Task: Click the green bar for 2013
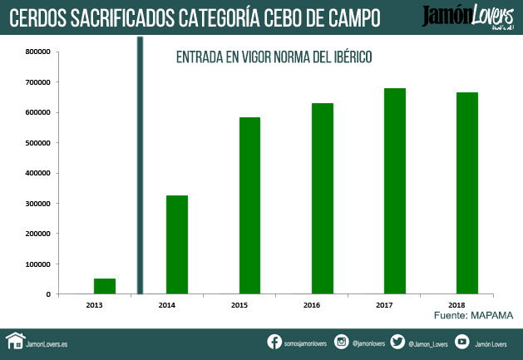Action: (x=104, y=286)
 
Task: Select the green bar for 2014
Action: (x=177, y=244)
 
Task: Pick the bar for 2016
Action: (x=323, y=199)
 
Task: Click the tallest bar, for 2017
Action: (x=395, y=191)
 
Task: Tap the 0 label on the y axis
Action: (x=48, y=294)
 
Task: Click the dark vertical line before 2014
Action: (x=140, y=166)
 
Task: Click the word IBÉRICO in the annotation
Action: (x=345, y=57)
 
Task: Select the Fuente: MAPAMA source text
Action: (x=473, y=316)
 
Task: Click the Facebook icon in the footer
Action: (x=274, y=342)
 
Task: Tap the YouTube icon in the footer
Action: (x=461, y=342)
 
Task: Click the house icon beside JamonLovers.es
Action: (x=14, y=341)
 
